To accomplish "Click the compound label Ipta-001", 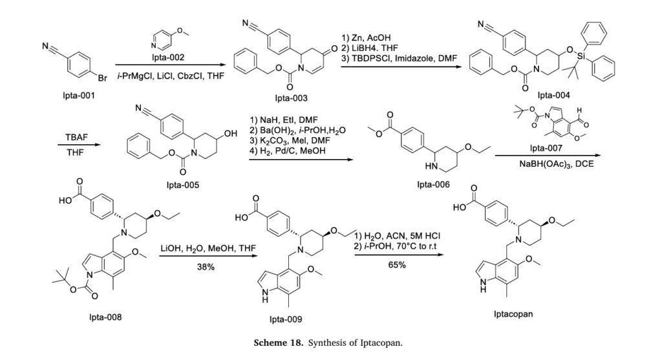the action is (79, 96).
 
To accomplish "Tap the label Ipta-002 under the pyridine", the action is (168, 57).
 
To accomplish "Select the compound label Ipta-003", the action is (292, 98).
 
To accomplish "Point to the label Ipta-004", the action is (553, 96).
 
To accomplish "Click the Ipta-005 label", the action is (183, 185).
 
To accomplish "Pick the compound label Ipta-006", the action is (434, 184).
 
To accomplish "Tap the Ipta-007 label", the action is (546, 148).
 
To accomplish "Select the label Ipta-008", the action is (105, 317).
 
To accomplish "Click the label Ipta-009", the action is (286, 319).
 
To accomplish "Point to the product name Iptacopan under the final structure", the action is (513, 314).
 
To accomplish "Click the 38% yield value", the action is (206, 267).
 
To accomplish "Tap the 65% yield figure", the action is (397, 265).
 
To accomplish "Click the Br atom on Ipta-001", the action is (102, 78).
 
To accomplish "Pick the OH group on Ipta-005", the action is (231, 134).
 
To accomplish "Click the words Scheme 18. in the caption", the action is (278, 343).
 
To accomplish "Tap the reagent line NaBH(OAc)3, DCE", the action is (557, 164).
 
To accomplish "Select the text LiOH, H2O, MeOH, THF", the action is (208, 248).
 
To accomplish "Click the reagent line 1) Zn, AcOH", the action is (366, 38).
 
